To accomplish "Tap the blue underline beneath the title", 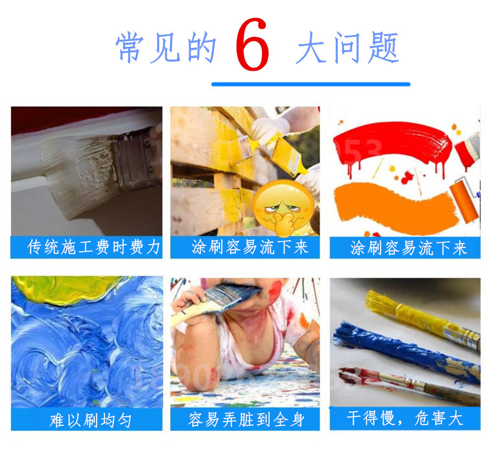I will (311, 84).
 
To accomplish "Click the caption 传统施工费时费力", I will (87, 247).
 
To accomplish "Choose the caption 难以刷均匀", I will (87, 420).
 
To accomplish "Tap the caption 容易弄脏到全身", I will (246, 420).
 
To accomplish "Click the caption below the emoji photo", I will (246, 247).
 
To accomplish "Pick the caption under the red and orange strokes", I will (405, 247).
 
